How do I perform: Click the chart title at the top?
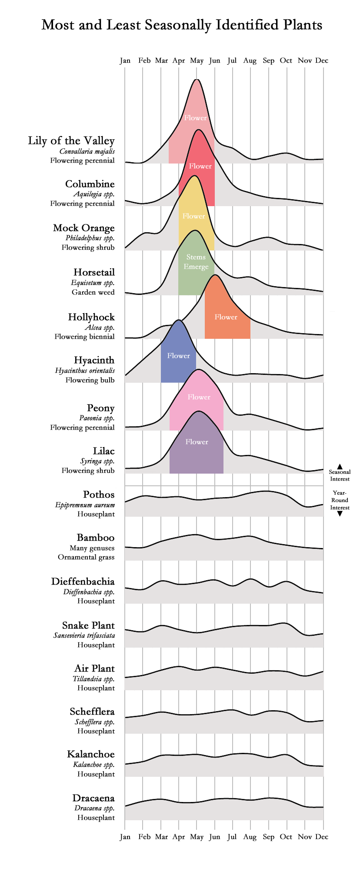(x=182, y=25)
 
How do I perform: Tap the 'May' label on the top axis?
(x=197, y=60)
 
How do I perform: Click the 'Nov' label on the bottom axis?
(x=305, y=836)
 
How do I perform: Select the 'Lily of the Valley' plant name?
(x=71, y=141)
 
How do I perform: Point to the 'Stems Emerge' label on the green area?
(x=196, y=262)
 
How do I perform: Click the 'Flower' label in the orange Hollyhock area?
(x=226, y=317)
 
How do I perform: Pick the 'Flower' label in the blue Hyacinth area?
(x=179, y=356)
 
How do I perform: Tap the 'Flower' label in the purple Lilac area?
(x=197, y=442)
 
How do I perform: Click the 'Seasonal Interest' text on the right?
(x=340, y=475)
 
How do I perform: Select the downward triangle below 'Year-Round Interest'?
(x=340, y=514)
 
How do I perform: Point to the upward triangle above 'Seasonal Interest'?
(x=340, y=466)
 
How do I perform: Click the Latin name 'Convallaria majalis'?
(x=87, y=151)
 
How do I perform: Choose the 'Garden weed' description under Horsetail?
(x=93, y=292)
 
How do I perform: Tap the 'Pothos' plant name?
(x=99, y=494)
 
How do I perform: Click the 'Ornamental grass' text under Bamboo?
(x=86, y=557)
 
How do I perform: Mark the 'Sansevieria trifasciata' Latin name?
(x=84, y=635)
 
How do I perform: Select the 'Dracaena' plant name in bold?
(x=93, y=798)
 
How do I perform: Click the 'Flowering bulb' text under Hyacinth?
(x=90, y=380)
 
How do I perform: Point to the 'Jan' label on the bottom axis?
(x=125, y=836)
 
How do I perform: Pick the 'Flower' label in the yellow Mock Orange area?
(x=194, y=216)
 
